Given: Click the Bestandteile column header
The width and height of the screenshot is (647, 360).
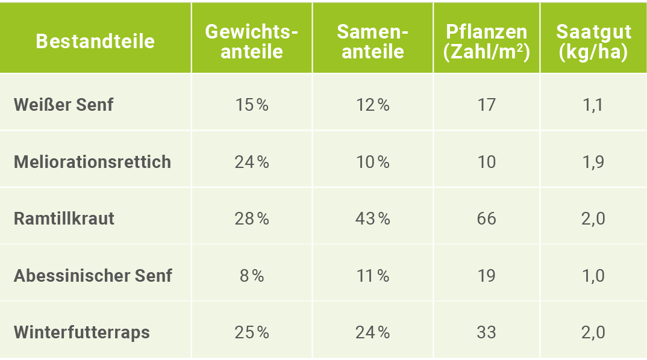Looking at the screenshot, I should pos(95,41).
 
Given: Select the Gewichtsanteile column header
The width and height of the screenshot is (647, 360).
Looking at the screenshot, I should pos(252,41).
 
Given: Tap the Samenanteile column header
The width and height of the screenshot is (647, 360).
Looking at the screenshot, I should pos(372,41).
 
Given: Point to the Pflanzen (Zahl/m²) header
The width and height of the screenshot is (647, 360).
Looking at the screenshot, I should pos(486,41).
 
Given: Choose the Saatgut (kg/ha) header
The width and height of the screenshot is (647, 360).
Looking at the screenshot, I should pos(593,41).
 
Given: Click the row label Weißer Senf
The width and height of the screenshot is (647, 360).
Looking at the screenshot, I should pos(63,105).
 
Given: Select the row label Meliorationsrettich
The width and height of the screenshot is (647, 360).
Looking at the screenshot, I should pos(92,162).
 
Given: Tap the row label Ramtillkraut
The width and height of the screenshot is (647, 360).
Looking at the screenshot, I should pos(64,219).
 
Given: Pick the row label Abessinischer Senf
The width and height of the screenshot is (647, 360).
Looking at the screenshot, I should pos(93,276).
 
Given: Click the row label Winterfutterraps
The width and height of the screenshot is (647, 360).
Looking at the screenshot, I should pos(82,332).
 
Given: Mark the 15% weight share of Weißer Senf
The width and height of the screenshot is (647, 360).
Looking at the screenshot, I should pos(252,105).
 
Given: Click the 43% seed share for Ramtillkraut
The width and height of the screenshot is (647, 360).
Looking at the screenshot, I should pos(372,219).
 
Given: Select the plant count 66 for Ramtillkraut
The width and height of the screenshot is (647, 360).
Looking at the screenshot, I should pos(486,219).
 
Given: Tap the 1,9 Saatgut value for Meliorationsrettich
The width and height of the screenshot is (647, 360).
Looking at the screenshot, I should pos(593,162).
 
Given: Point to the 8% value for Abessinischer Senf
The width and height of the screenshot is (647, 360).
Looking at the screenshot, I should pos(252,276).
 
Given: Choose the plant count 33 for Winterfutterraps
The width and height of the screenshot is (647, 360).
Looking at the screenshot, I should pos(486,332).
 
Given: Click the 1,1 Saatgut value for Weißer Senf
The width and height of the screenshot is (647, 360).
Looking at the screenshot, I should pos(593,105).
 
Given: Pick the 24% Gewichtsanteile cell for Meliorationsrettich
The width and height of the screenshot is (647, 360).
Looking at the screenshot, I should pos(252,162).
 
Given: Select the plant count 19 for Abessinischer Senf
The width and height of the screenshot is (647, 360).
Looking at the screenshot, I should pos(486,276).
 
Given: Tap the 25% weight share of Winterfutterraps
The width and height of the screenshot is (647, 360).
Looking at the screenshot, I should pos(252,332).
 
